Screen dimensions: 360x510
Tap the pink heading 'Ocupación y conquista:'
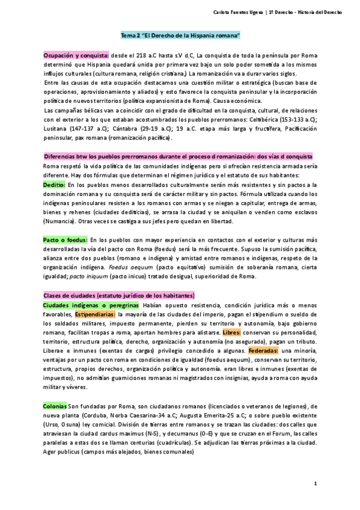click(x=76, y=55)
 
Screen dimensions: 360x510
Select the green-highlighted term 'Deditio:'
click(x=55, y=185)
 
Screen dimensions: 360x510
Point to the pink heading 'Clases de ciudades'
click(x=119, y=295)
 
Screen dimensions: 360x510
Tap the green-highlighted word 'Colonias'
click(x=55, y=406)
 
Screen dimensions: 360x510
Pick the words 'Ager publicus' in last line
click(x=63, y=452)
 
